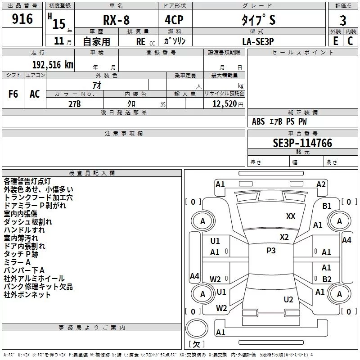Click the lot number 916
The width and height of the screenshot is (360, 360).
pos(22,19)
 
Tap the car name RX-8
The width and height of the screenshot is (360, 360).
pos(116,20)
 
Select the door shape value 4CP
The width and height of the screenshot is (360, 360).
pos(174,20)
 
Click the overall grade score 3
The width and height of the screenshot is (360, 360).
pos(343,20)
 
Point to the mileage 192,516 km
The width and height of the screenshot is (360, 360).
pos(53,65)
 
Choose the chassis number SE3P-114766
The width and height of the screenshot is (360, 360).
pos(302,143)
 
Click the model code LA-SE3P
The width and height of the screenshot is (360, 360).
pos(258,41)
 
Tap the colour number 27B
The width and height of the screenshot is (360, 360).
pos(75,104)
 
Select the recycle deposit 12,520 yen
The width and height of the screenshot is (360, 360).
pos(228,104)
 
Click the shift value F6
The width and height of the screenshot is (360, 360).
pos(13,94)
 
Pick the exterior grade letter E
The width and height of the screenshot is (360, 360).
pos(335,41)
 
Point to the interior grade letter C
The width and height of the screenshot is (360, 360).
pos(350,41)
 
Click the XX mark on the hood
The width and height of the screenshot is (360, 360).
pos(291,216)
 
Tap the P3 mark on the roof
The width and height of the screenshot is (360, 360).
pos(271,251)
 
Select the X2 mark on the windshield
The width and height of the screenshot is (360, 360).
pos(284,237)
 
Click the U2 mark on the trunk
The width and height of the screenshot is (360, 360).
pos(288,300)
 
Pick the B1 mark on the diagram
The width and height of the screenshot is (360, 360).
pos(327,206)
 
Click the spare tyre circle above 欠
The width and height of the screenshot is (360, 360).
pos(197,328)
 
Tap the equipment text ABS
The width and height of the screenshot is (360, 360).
pos(258,121)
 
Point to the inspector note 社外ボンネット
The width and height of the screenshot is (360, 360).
pos(27,295)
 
